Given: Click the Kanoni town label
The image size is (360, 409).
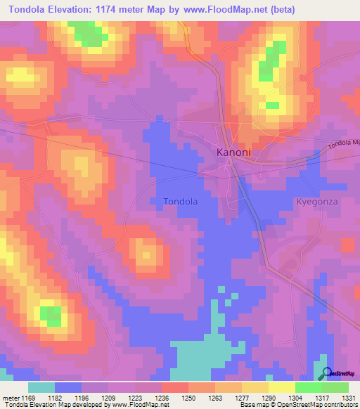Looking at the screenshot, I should click(x=233, y=152).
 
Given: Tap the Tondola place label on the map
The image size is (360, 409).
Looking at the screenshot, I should click(x=180, y=202).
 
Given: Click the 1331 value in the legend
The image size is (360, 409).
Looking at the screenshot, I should click(x=347, y=398).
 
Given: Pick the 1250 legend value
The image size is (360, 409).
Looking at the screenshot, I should click(x=188, y=398).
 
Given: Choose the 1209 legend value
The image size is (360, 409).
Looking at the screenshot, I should click(x=108, y=398).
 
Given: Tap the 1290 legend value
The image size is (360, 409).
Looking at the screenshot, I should click(x=268, y=398).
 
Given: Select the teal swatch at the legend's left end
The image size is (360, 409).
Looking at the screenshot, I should click(x=41, y=387).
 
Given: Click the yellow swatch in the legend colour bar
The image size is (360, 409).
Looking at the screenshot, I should click(x=281, y=387).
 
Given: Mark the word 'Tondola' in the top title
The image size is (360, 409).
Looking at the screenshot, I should click(x=32, y=9).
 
